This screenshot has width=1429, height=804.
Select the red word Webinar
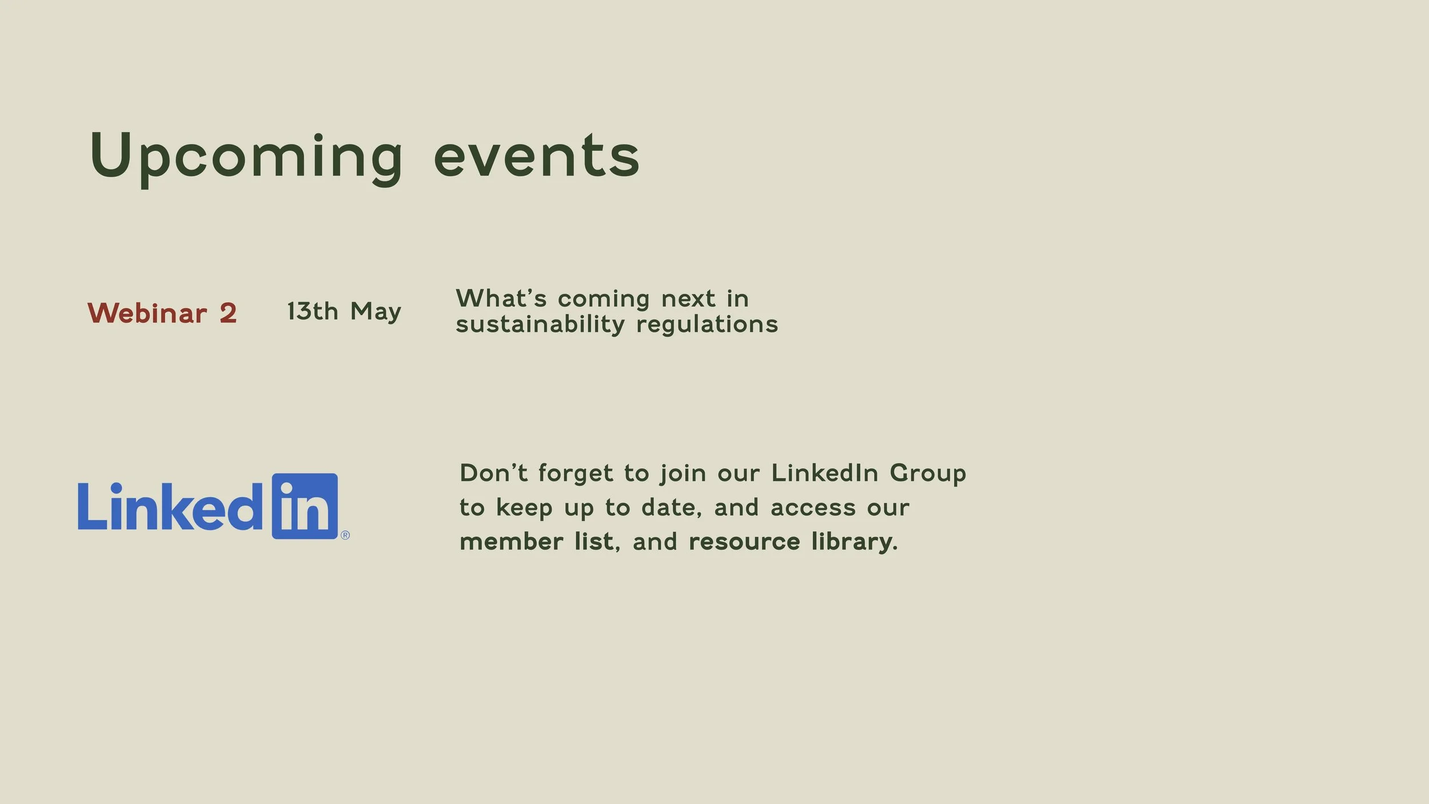pos(147,313)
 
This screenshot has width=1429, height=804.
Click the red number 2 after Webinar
pos(228,313)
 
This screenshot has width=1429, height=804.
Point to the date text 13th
pos(312,312)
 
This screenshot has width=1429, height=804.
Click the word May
pos(376,312)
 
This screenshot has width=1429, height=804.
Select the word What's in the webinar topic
pos(501,298)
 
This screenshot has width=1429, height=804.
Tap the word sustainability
pos(540,325)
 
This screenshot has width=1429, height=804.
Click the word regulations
pos(706,325)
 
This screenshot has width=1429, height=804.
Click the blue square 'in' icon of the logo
pos(305,506)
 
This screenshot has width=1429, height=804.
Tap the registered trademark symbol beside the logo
pos(345,535)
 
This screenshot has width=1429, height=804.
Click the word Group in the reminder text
pos(928,474)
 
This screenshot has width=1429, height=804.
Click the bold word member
pos(511,542)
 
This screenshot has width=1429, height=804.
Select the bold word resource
pos(744,542)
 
